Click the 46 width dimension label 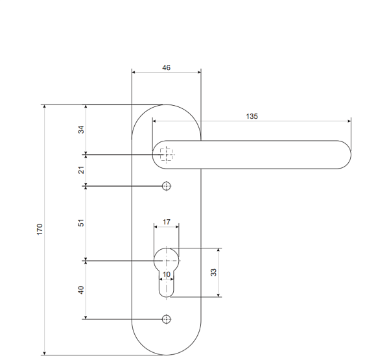tap(167, 67)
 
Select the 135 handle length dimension tap(252, 115)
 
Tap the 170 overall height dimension tap(40, 229)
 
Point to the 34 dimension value tap(81, 130)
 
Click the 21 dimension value tap(81, 171)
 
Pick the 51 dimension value tap(81, 222)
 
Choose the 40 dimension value tap(81, 290)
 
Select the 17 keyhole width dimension tap(167, 222)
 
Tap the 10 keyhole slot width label tap(167, 274)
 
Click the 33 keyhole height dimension tap(213, 272)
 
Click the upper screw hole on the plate tap(167, 186)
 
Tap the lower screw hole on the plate tap(167, 319)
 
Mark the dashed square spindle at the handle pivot tap(167, 154)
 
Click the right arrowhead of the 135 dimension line tap(349, 121)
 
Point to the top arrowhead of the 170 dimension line tap(44, 106)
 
